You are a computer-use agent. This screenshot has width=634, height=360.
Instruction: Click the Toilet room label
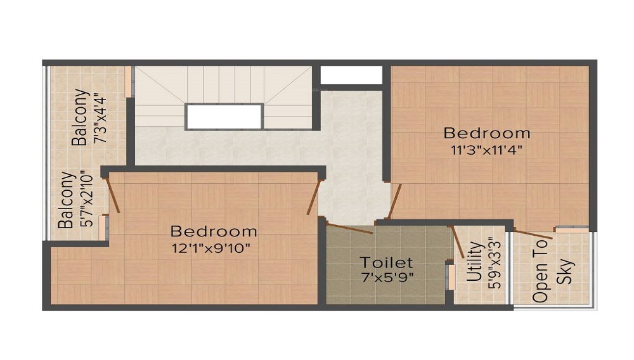tap(386, 262)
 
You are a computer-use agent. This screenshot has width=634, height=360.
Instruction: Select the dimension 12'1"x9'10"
tap(214, 247)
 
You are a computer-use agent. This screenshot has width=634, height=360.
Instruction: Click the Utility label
tap(474, 263)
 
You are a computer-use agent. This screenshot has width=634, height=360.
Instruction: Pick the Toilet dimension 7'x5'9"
tap(386, 276)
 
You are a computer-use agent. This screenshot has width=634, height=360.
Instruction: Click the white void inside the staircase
tap(224, 117)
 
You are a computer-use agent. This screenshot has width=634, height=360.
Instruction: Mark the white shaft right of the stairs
tap(351, 75)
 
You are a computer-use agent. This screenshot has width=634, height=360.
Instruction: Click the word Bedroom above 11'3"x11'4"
tap(487, 133)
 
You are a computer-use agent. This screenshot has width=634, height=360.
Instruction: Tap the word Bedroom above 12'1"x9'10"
tap(214, 231)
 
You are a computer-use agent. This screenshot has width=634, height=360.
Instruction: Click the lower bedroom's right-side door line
tap(312, 196)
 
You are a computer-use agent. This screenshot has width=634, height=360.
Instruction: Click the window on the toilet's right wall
tap(451, 276)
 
